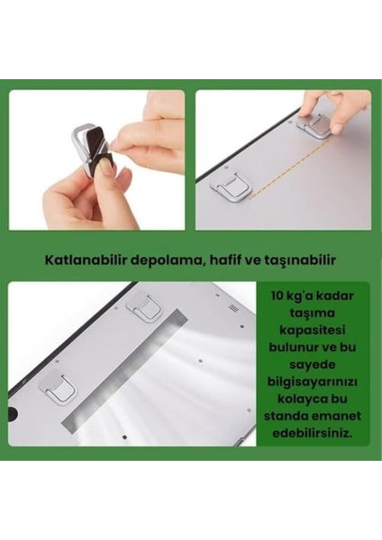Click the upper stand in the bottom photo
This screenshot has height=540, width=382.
point(144,311)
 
